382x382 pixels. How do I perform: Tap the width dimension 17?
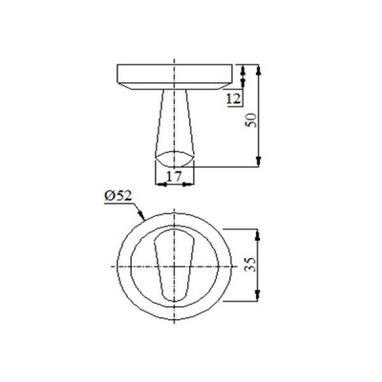174,175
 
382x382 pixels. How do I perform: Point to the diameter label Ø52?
118,197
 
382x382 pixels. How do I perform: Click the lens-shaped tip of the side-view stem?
175,157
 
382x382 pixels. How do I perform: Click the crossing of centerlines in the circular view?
175,265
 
